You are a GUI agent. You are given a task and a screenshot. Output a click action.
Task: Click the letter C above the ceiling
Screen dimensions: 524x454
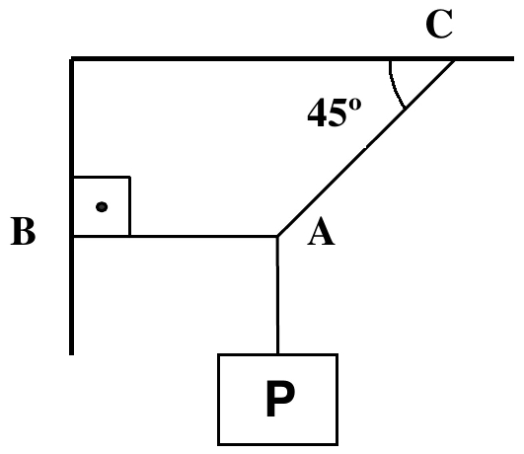tap(439, 24)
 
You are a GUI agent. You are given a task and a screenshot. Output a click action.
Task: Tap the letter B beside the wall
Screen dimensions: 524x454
tap(23, 231)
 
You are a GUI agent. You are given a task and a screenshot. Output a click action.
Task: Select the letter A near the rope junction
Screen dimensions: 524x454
tap(321, 231)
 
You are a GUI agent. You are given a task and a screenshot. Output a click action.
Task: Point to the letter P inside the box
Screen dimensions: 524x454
tap(280, 399)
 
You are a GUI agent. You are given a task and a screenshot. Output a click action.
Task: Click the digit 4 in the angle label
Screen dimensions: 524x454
tap(316, 113)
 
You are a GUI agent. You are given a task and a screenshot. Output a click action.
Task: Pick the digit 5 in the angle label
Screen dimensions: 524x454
tap(336, 113)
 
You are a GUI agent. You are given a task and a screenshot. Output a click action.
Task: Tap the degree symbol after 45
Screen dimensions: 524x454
tap(355, 104)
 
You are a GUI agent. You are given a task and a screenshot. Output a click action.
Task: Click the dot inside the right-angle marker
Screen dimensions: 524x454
tap(102, 207)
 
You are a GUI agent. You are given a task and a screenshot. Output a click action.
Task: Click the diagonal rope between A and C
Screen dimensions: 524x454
tap(365, 147)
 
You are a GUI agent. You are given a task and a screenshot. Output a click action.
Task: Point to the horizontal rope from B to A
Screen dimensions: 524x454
tap(175, 236)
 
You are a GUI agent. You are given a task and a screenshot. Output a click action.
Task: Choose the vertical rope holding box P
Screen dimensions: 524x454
tap(277, 295)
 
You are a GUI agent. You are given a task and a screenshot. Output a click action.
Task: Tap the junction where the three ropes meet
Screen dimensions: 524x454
tap(277, 236)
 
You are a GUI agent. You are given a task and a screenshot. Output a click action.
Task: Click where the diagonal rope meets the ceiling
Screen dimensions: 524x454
tap(454, 60)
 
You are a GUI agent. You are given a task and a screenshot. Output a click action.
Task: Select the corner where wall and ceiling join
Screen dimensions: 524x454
tap(71, 59)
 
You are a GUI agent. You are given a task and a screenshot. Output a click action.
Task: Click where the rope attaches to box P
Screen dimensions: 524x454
tap(277, 354)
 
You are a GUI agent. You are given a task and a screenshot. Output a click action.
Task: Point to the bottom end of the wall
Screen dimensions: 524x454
tap(71, 354)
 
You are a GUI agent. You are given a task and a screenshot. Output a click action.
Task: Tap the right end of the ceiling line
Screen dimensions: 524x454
tap(514, 59)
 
